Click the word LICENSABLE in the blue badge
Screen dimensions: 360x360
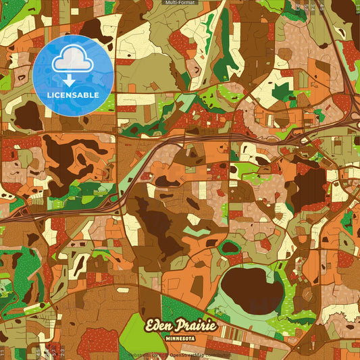point(72,95)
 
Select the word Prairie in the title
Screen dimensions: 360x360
point(198,326)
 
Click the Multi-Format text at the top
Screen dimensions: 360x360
point(180,3)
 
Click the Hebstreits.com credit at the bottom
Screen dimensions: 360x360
point(144,355)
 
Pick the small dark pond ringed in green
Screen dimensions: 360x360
point(230,247)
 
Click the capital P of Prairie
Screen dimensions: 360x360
point(186,326)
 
